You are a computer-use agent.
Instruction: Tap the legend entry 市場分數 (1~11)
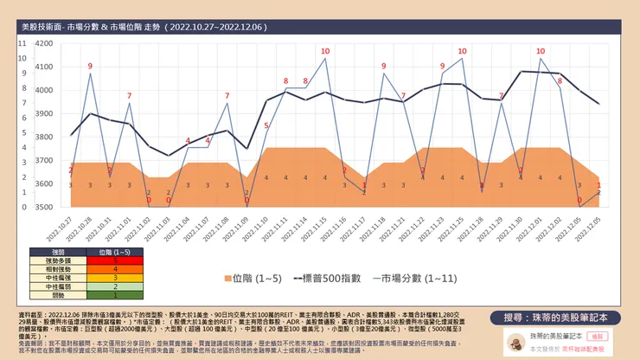coord(414,278)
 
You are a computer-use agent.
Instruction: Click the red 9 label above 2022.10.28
coord(90,66)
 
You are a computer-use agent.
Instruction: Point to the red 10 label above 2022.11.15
coord(325,51)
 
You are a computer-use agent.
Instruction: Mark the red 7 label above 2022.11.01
coord(130,95)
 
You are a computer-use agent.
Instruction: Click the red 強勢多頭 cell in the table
coord(56,259)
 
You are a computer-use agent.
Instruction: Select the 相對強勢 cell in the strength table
coord(56,267)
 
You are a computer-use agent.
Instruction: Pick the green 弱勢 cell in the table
coord(56,295)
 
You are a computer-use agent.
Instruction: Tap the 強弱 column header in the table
coord(56,250)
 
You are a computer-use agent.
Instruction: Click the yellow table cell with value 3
coord(115,277)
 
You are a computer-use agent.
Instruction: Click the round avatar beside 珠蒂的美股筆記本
coord(512,340)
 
